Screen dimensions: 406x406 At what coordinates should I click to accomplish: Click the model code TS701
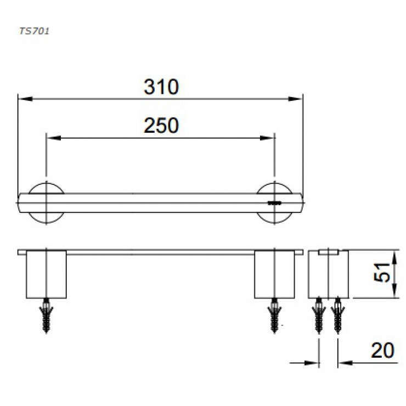click(x=34, y=31)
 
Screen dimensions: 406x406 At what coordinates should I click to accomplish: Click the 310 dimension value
click(x=161, y=87)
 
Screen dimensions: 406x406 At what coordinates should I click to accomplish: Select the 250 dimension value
click(x=161, y=126)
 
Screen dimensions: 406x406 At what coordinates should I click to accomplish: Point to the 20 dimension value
click(x=382, y=351)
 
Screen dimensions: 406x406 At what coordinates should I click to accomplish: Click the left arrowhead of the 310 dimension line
click(x=22, y=99)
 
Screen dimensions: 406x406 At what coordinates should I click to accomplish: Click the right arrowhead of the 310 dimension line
click(x=298, y=99)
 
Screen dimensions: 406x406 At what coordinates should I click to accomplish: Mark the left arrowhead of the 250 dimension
click(x=50, y=138)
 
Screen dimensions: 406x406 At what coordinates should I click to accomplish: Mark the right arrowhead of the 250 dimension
click(x=270, y=138)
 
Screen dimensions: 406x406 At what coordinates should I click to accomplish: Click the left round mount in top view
click(x=47, y=202)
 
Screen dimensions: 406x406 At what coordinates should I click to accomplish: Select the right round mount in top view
click(x=274, y=202)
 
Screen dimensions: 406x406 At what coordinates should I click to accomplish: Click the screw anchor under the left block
click(x=46, y=316)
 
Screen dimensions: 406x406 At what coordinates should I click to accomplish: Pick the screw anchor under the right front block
click(x=274, y=316)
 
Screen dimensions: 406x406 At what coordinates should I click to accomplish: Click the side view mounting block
click(x=328, y=274)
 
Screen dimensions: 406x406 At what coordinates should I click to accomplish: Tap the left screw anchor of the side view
click(x=319, y=316)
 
